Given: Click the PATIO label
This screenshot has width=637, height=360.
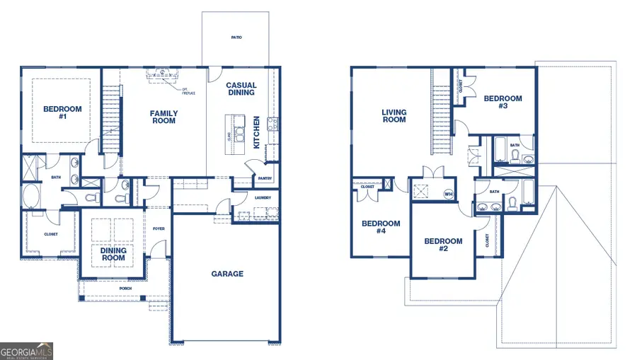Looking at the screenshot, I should [236, 37].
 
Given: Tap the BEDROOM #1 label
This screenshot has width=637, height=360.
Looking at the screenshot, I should [62, 113].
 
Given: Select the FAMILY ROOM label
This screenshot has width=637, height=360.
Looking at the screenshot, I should [163, 117].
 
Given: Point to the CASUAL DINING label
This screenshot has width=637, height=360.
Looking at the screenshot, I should [241, 89].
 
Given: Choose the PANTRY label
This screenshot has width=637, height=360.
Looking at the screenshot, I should [265, 179].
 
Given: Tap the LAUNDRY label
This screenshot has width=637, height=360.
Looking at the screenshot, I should [263, 197].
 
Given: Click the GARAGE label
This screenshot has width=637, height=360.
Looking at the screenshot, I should [227, 274].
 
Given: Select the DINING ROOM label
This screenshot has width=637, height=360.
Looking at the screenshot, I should [113, 254].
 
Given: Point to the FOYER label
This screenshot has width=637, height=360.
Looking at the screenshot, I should [159, 228].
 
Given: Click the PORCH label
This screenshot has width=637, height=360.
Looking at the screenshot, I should [125, 289].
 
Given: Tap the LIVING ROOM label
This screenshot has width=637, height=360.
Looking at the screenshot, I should [394, 116].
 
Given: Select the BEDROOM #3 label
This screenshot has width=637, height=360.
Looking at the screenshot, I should [503, 103].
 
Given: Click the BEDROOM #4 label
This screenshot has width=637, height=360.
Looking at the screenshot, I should [381, 227].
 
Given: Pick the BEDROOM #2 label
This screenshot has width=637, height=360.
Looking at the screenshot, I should [443, 245].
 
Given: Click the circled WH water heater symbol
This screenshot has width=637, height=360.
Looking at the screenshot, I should [448, 193].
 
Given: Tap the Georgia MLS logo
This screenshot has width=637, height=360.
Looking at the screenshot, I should [27, 351].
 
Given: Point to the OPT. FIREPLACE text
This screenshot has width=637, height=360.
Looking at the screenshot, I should [188, 91].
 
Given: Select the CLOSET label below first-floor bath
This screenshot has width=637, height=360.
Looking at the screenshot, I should [51, 234].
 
